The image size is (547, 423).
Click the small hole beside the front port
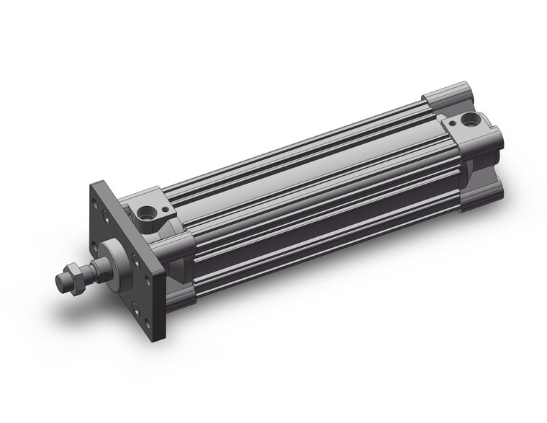(x=165, y=209)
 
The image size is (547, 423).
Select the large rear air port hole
(x=472, y=119)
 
